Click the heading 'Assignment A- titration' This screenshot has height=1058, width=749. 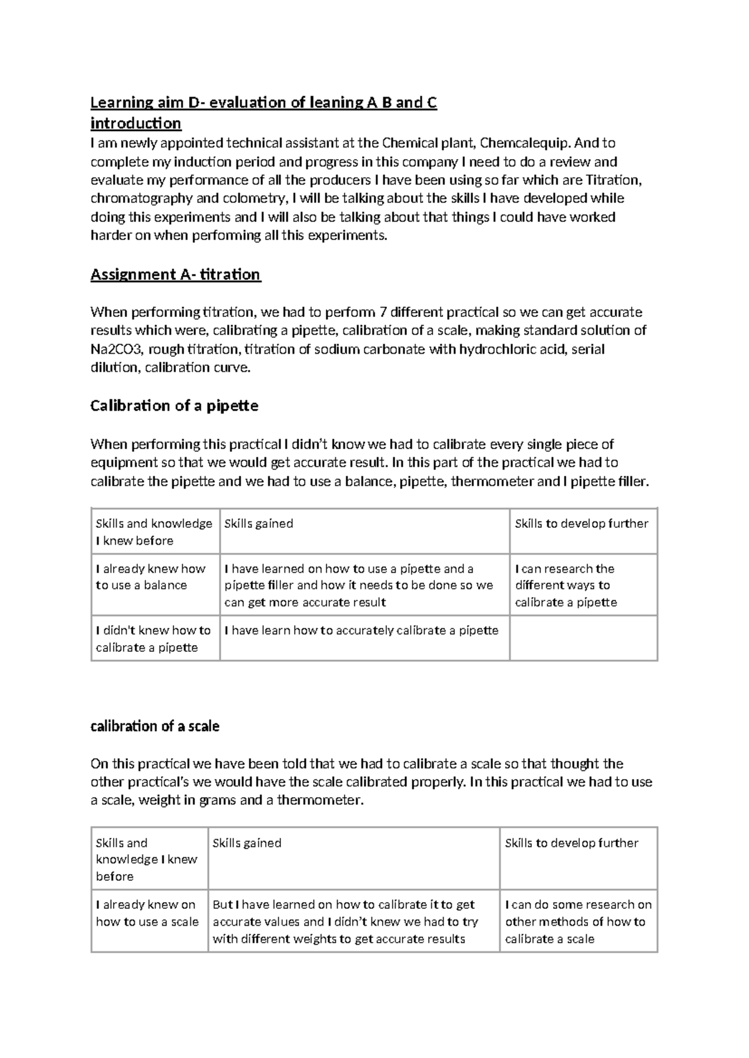click(x=175, y=274)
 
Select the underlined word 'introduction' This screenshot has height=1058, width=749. click(x=135, y=123)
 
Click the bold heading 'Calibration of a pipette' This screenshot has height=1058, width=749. click(x=174, y=405)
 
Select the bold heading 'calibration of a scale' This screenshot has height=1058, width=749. click(x=155, y=726)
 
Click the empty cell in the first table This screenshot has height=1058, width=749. click(x=583, y=638)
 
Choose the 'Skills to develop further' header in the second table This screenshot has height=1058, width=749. click(x=571, y=843)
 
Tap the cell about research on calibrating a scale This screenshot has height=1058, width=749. click(x=578, y=921)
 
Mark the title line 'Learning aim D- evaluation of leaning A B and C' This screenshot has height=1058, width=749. click(x=263, y=103)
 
